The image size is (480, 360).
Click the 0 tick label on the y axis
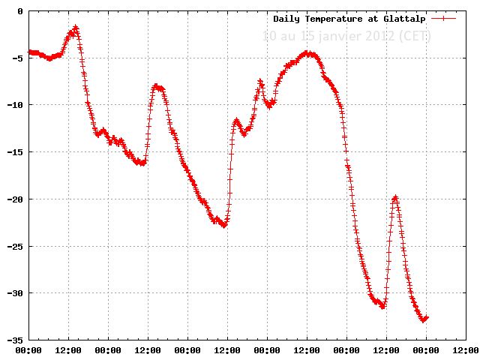(x=20, y=11)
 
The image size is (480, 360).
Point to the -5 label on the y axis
(x=18, y=58)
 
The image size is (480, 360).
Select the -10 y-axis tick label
(x=16, y=105)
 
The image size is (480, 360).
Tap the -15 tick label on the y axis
(x=16, y=152)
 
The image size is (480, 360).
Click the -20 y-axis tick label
(x=16, y=199)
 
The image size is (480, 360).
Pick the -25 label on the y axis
(x=16, y=246)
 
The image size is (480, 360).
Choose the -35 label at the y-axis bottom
(x=16, y=340)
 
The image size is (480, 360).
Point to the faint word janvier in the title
(x=347, y=35)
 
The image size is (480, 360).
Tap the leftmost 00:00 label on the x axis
(x=28, y=349)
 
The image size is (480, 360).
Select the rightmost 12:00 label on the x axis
(x=465, y=349)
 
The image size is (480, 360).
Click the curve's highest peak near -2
(x=76, y=28)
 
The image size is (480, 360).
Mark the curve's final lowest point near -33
(x=424, y=319)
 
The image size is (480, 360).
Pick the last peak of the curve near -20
(x=395, y=197)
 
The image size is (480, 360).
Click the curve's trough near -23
(x=223, y=225)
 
